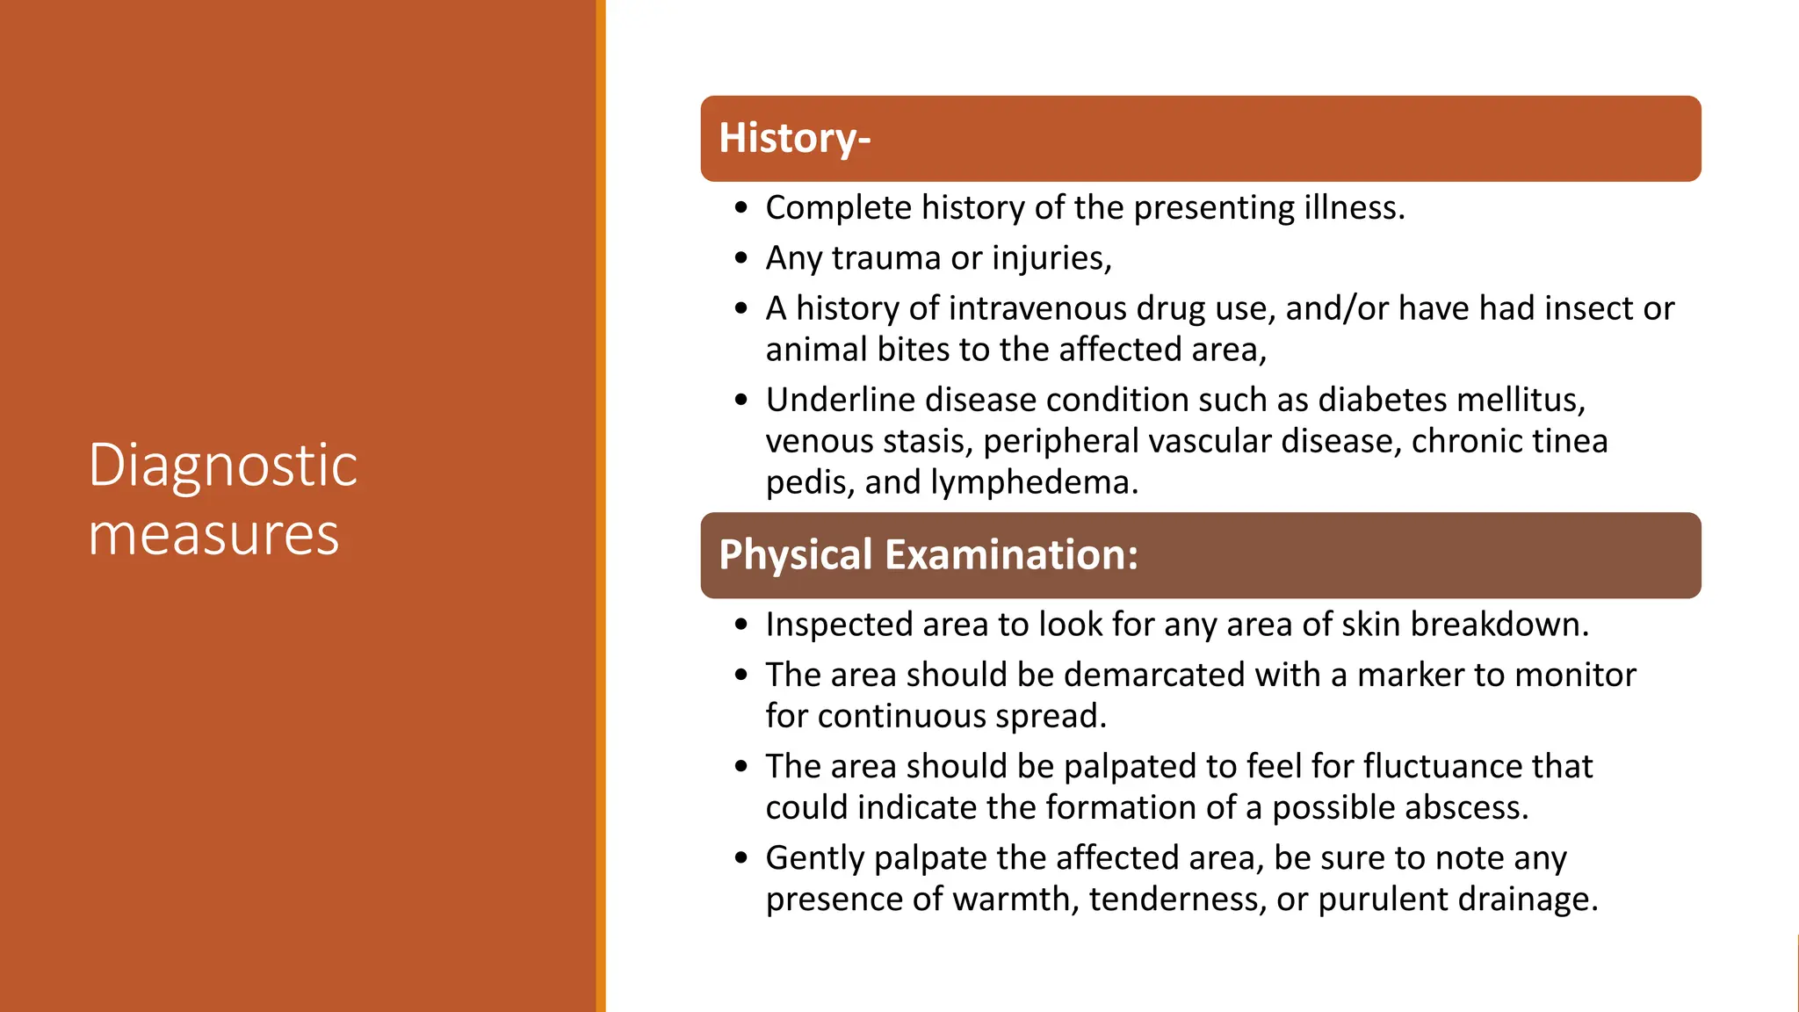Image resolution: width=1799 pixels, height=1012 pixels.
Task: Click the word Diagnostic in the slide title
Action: click(x=222, y=466)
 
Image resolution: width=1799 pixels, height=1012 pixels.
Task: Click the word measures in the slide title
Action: click(x=213, y=535)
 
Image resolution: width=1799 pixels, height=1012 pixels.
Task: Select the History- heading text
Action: click(x=794, y=139)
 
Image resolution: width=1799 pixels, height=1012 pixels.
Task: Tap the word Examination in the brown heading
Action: click(x=1011, y=555)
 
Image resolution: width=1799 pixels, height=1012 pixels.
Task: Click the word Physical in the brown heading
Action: click(x=795, y=555)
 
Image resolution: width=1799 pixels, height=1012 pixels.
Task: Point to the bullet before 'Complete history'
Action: click(x=742, y=209)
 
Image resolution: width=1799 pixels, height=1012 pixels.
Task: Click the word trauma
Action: click(x=885, y=258)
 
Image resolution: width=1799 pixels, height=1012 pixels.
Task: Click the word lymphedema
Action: click(x=1034, y=482)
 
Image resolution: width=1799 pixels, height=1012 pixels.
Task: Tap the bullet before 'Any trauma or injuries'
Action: click(x=742, y=259)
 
